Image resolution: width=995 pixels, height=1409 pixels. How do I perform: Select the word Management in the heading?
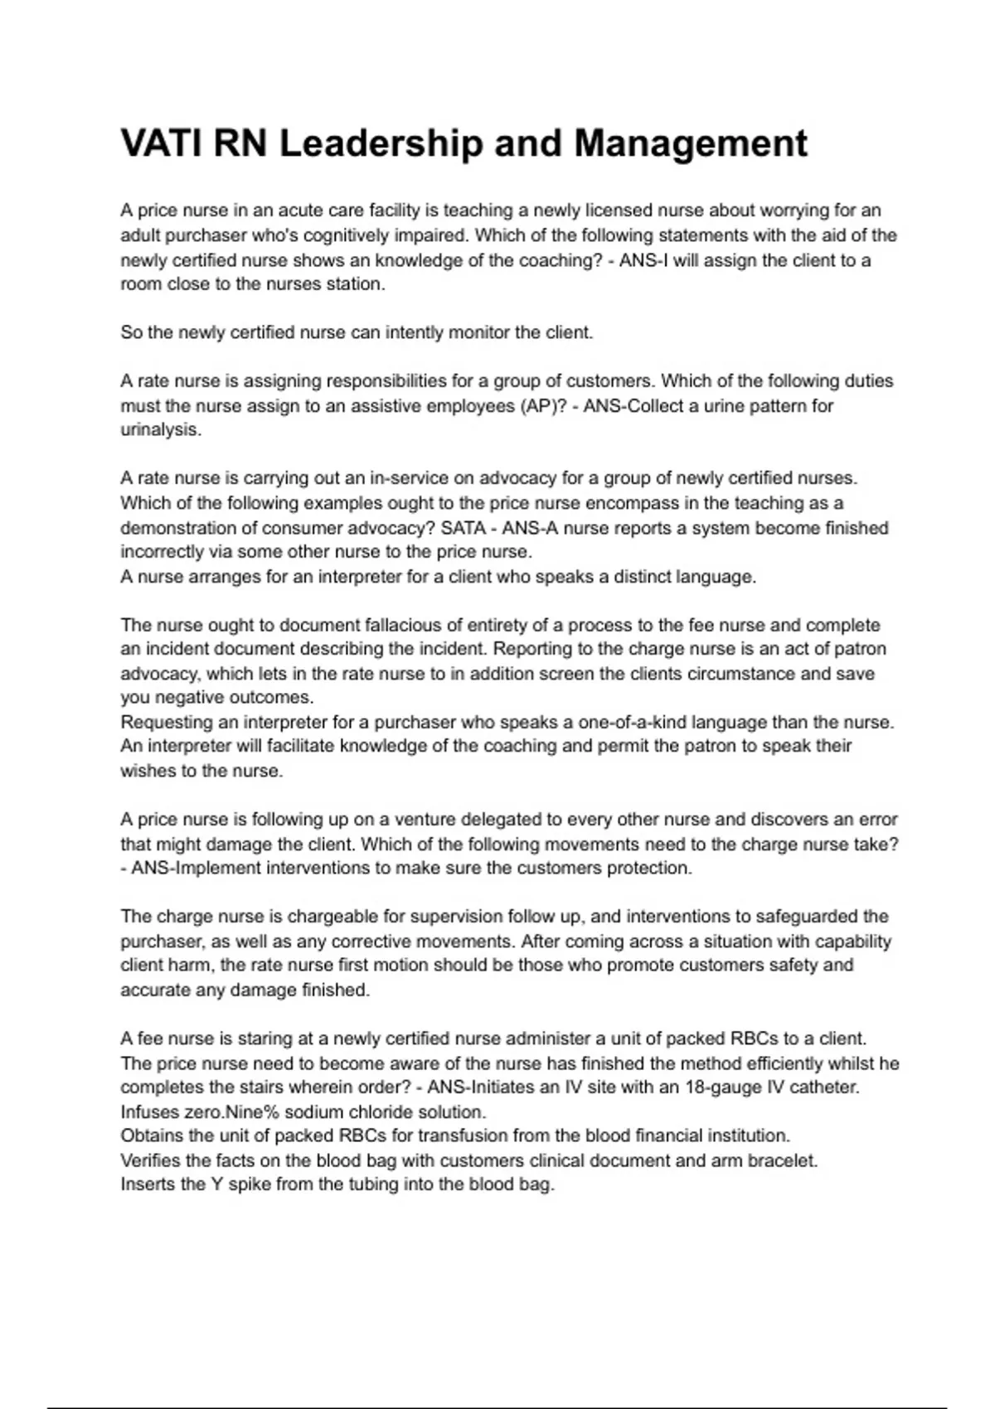690,143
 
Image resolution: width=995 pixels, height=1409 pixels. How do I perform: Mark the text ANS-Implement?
190,868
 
